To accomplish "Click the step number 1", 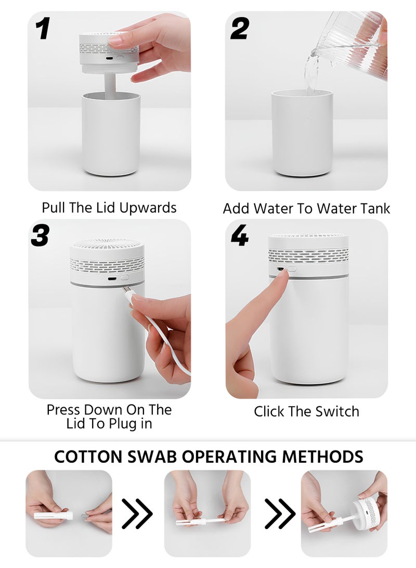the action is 43,29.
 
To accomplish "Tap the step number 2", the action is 240,29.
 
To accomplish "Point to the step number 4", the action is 240,235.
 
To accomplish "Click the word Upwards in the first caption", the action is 148,208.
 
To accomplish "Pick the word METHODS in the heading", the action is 322,457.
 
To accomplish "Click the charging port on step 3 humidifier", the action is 112,279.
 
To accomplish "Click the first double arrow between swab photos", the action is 137,513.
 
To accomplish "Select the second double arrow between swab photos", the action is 280,513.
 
